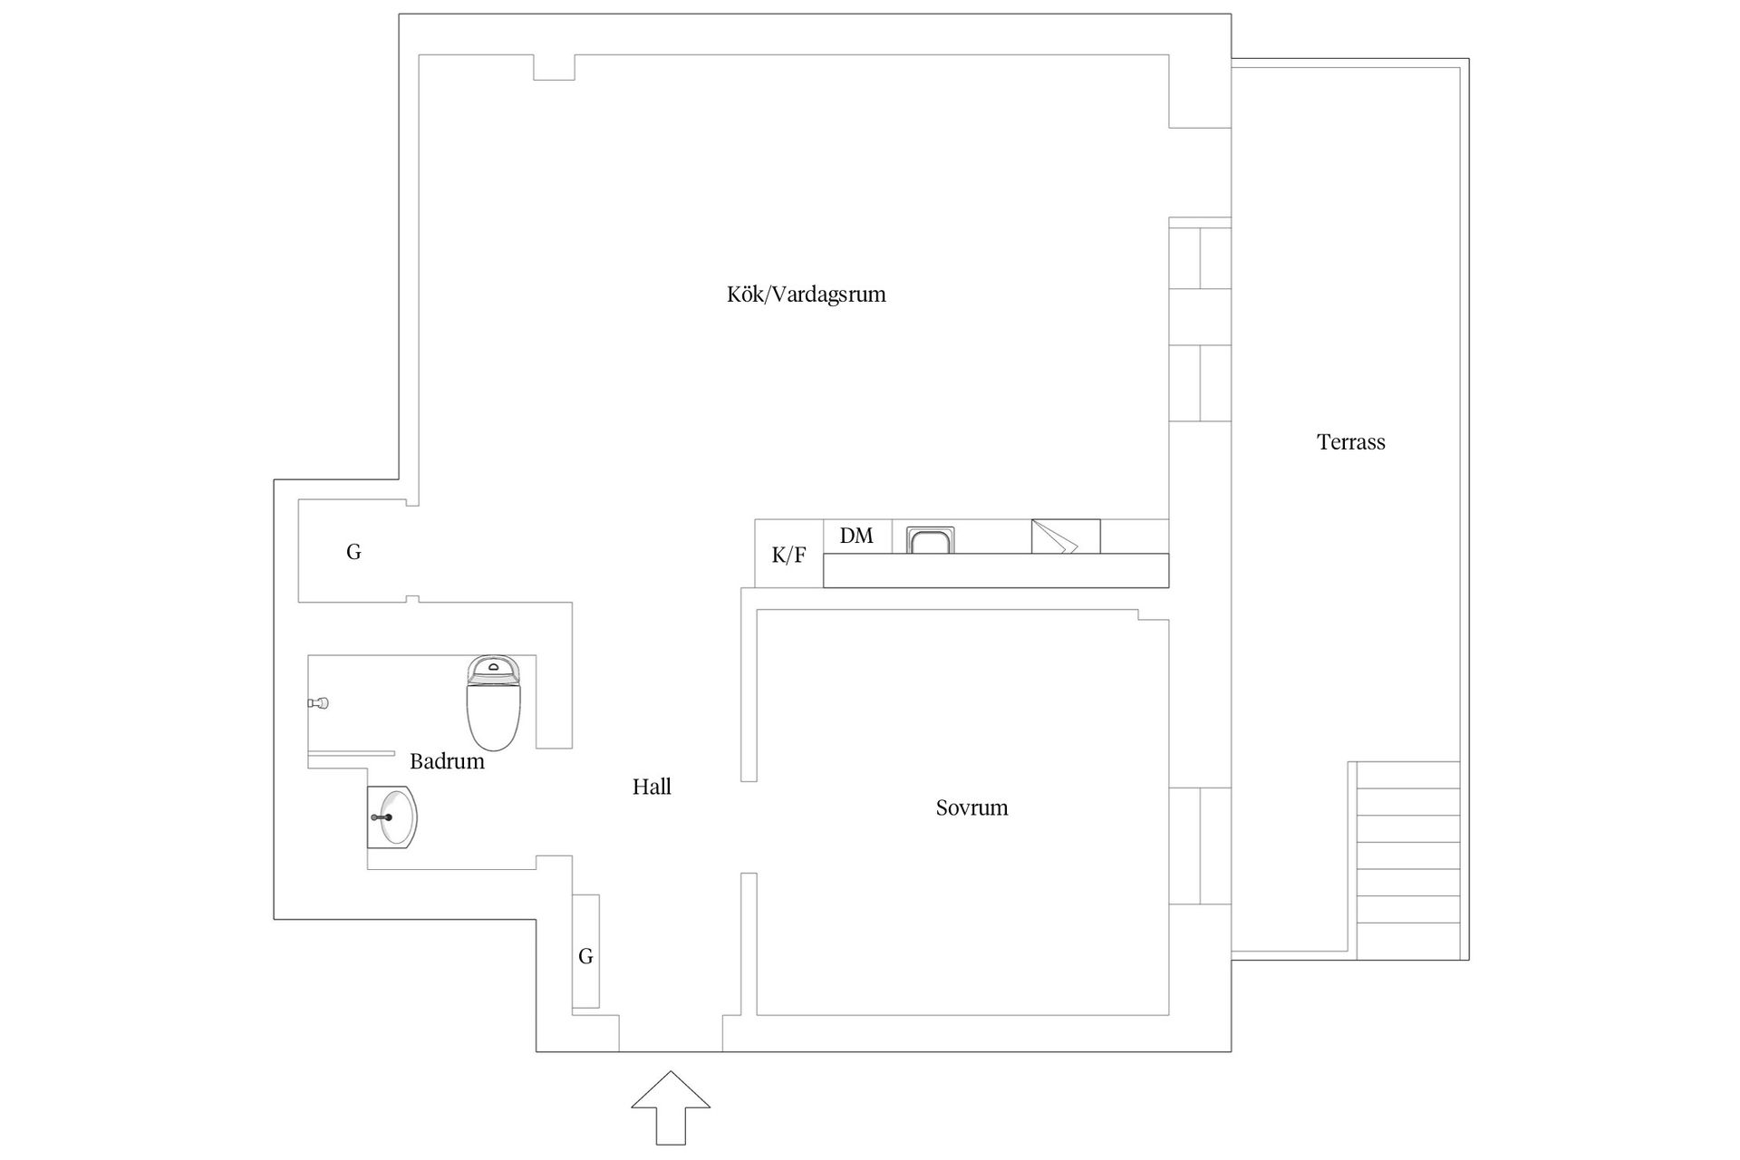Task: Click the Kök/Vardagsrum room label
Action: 806,295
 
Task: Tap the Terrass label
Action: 1350,442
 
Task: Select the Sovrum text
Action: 971,807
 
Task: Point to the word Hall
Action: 652,787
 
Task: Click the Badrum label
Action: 447,761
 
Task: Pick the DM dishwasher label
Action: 856,536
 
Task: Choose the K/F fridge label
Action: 788,556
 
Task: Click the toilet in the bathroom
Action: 494,702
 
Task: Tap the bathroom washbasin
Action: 392,817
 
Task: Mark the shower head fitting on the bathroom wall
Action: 317,703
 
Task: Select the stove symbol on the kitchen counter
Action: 1066,536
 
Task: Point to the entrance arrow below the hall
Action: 671,1107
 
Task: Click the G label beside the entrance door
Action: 585,956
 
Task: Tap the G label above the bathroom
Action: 353,552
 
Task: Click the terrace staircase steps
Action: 1408,860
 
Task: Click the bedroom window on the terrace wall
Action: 1200,846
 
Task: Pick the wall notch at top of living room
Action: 554,67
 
